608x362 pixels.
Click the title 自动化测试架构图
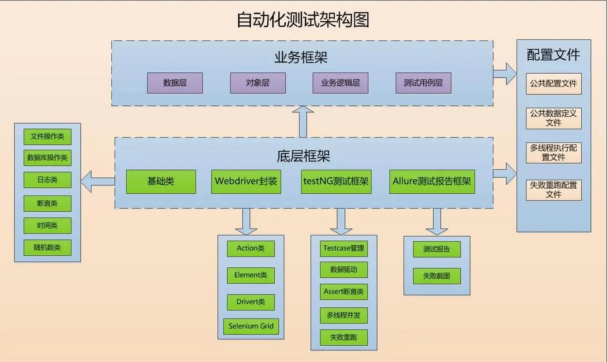(x=303, y=20)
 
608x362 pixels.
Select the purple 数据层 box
(x=175, y=83)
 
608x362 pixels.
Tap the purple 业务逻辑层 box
(x=340, y=83)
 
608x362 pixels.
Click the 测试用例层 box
(x=423, y=83)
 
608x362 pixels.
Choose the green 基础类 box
(x=161, y=181)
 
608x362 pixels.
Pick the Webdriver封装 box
(x=246, y=181)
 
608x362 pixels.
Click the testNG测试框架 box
(x=336, y=181)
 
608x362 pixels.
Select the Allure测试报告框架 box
(x=432, y=181)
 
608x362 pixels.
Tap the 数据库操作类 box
(x=48, y=158)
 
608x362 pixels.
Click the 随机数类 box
(x=48, y=248)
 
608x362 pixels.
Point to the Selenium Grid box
(x=251, y=326)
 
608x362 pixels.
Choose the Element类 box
(x=251, y=275)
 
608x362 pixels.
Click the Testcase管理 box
(x=344, y=248)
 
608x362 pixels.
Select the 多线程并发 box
(x=344, y=315)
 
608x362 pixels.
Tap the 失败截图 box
(x=437, y=276)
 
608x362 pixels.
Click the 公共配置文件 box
(x=554, y=84)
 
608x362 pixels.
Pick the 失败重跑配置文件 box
(x=554, y=190)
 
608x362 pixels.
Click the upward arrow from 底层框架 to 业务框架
(x=303, y=122)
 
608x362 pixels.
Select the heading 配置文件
(x=553, y=55)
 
